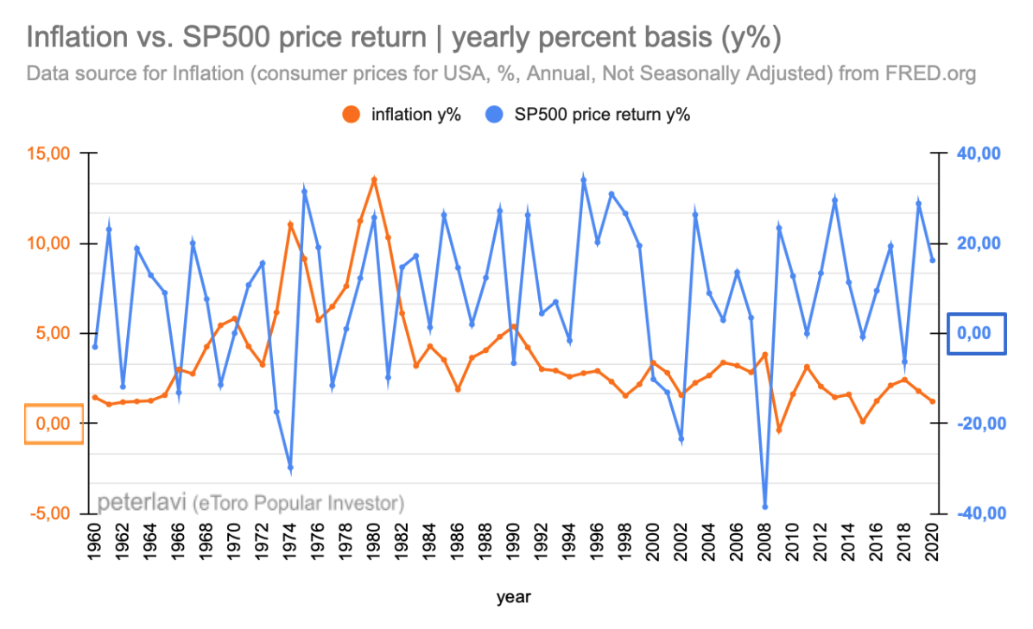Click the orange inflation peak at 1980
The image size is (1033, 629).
(374, 179)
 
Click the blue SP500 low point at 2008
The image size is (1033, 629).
(764, 506)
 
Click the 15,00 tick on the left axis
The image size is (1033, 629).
(49, 154)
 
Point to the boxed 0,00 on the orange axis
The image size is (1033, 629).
(53, 424)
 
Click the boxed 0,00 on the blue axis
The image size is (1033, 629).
(977, 333)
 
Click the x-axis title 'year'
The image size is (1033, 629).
(513, 597)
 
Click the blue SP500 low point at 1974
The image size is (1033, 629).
(290, 468)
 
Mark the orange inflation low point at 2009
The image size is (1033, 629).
(778, 430)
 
